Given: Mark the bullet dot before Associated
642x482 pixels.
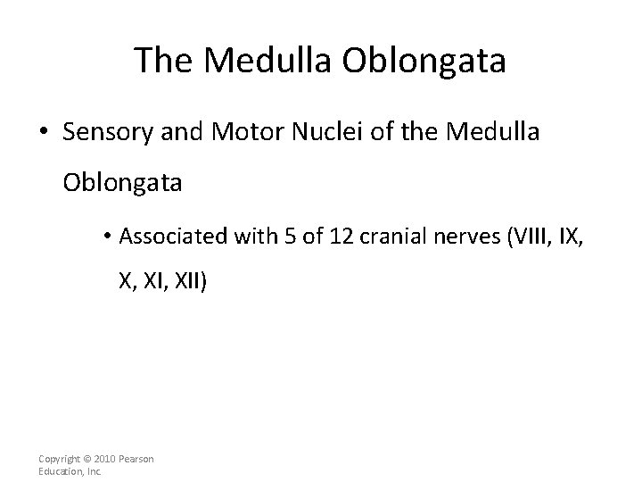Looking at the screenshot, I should coord(106,237).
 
